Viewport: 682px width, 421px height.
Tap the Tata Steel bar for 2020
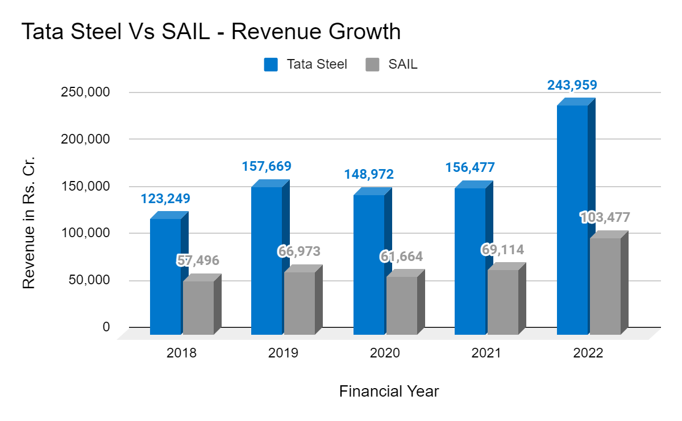369,264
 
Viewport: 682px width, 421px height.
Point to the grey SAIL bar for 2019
300,303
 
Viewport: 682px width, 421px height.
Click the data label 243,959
572,85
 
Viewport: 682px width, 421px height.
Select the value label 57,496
198,260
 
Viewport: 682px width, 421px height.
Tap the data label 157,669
267,166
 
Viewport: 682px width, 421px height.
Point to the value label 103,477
605,217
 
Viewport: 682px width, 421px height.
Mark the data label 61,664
401,256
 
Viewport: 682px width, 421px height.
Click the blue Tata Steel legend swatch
271,65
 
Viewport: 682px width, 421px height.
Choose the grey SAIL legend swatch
372,65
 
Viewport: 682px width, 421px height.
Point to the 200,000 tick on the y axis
85,139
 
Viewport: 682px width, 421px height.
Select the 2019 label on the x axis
283,353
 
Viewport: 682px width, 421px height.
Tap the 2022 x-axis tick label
588,353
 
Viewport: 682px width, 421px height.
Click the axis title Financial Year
389,391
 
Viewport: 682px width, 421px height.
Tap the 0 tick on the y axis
106,327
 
